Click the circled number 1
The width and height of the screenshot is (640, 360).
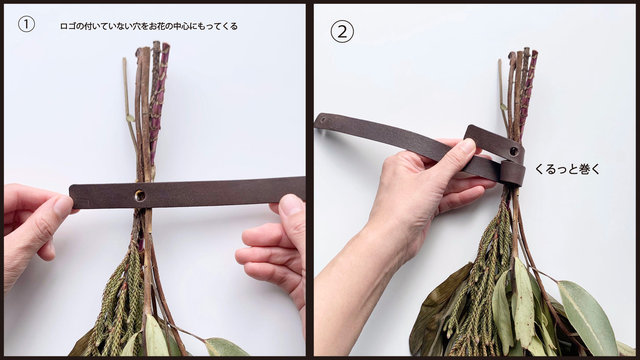click(x=26, y=24)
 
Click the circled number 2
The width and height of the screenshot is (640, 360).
click(x=342, y=31)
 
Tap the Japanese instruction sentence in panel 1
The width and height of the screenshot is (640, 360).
click(x=149, y=27)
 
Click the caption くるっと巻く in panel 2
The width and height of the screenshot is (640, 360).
click(x=567, y=169)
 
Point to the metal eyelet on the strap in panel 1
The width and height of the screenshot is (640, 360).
click(x=140, y=196)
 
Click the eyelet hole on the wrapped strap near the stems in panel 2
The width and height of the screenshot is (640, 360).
click(x=514, y=151)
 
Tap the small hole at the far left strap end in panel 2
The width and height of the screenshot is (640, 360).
click(x=323, y=120)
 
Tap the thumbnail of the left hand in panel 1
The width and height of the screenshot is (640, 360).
click(x=62, y=205)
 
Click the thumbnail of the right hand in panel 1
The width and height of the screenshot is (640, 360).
click(x=291, y=204)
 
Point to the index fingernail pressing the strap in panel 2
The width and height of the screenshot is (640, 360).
click(x=467, y=147)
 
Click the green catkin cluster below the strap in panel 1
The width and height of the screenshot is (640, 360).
click(x=118, y=294)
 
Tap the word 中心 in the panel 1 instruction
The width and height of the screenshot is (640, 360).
click(x=181, y=27)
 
